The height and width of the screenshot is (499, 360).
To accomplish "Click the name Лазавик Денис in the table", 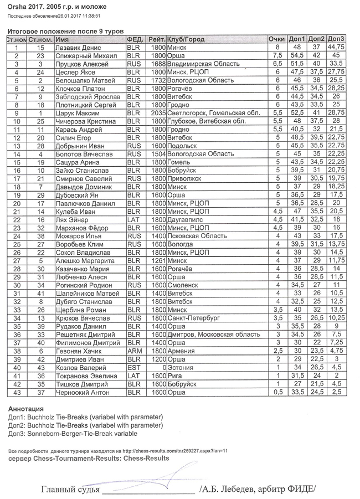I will [78, 48].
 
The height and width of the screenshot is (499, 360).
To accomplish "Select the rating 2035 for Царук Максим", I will [158, 113].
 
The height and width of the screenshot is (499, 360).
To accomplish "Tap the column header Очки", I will [276, 40].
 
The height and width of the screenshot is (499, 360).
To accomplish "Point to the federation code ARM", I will [133, 351].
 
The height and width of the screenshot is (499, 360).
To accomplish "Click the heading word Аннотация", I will [27, 409].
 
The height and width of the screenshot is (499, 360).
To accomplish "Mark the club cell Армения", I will [182, 351].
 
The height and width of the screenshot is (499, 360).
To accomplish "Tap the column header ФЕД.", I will [135, 40].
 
